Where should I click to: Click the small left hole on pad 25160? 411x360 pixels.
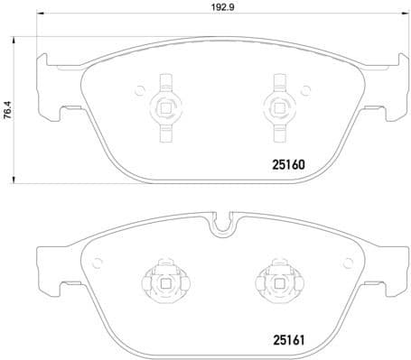(x=139, y=89)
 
